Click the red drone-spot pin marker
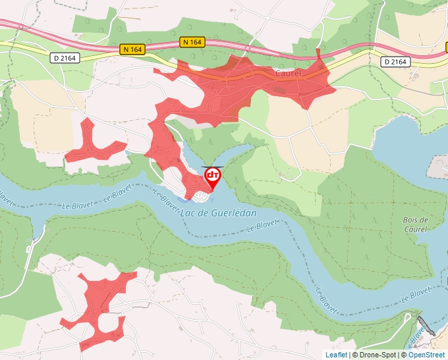pos(212,178)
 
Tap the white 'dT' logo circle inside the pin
pos(212,175)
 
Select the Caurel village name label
pos(288,73)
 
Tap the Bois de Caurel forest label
pos(416,224)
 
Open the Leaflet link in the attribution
pos(336,355)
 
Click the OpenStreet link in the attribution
pos(426,355)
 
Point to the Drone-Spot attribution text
pos(376,355)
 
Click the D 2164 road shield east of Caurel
pos(396,61)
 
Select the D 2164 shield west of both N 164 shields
pos(64,58)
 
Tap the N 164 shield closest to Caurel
pos(191,42)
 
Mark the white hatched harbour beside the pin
pos(200,196)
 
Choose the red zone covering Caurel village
pos(264,79)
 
